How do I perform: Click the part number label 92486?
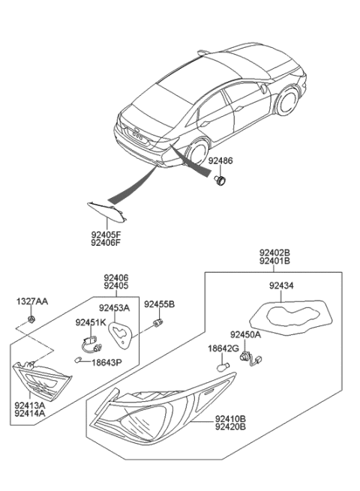point(220,161)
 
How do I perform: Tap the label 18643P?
point(106,361)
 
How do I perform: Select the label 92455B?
point(159,304)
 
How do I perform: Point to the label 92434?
point(282,286)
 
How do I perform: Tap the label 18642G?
point(223,349)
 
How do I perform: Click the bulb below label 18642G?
point(222,368)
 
